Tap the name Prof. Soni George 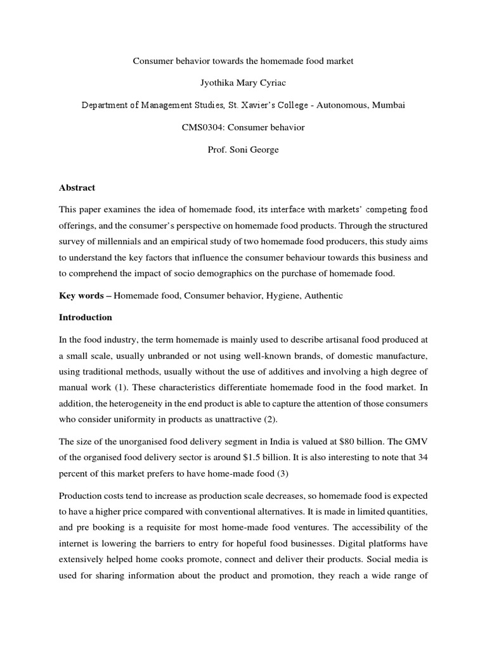243,150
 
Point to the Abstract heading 77,188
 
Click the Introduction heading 86,317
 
